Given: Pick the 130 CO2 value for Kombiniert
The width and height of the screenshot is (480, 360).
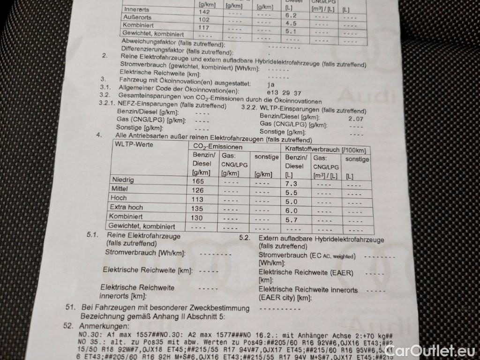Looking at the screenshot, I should (x=196, y=218).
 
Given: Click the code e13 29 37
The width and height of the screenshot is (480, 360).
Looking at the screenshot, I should (x=284, y=93).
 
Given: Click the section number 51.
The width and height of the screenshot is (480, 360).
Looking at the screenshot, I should (x=71, y=308).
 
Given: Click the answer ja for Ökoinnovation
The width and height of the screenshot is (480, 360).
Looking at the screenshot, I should (x=270, y=85).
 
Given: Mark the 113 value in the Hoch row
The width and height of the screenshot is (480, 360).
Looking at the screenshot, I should (x=196, y=199).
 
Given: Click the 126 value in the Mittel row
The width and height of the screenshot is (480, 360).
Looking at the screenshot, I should (x=197, y=190).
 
